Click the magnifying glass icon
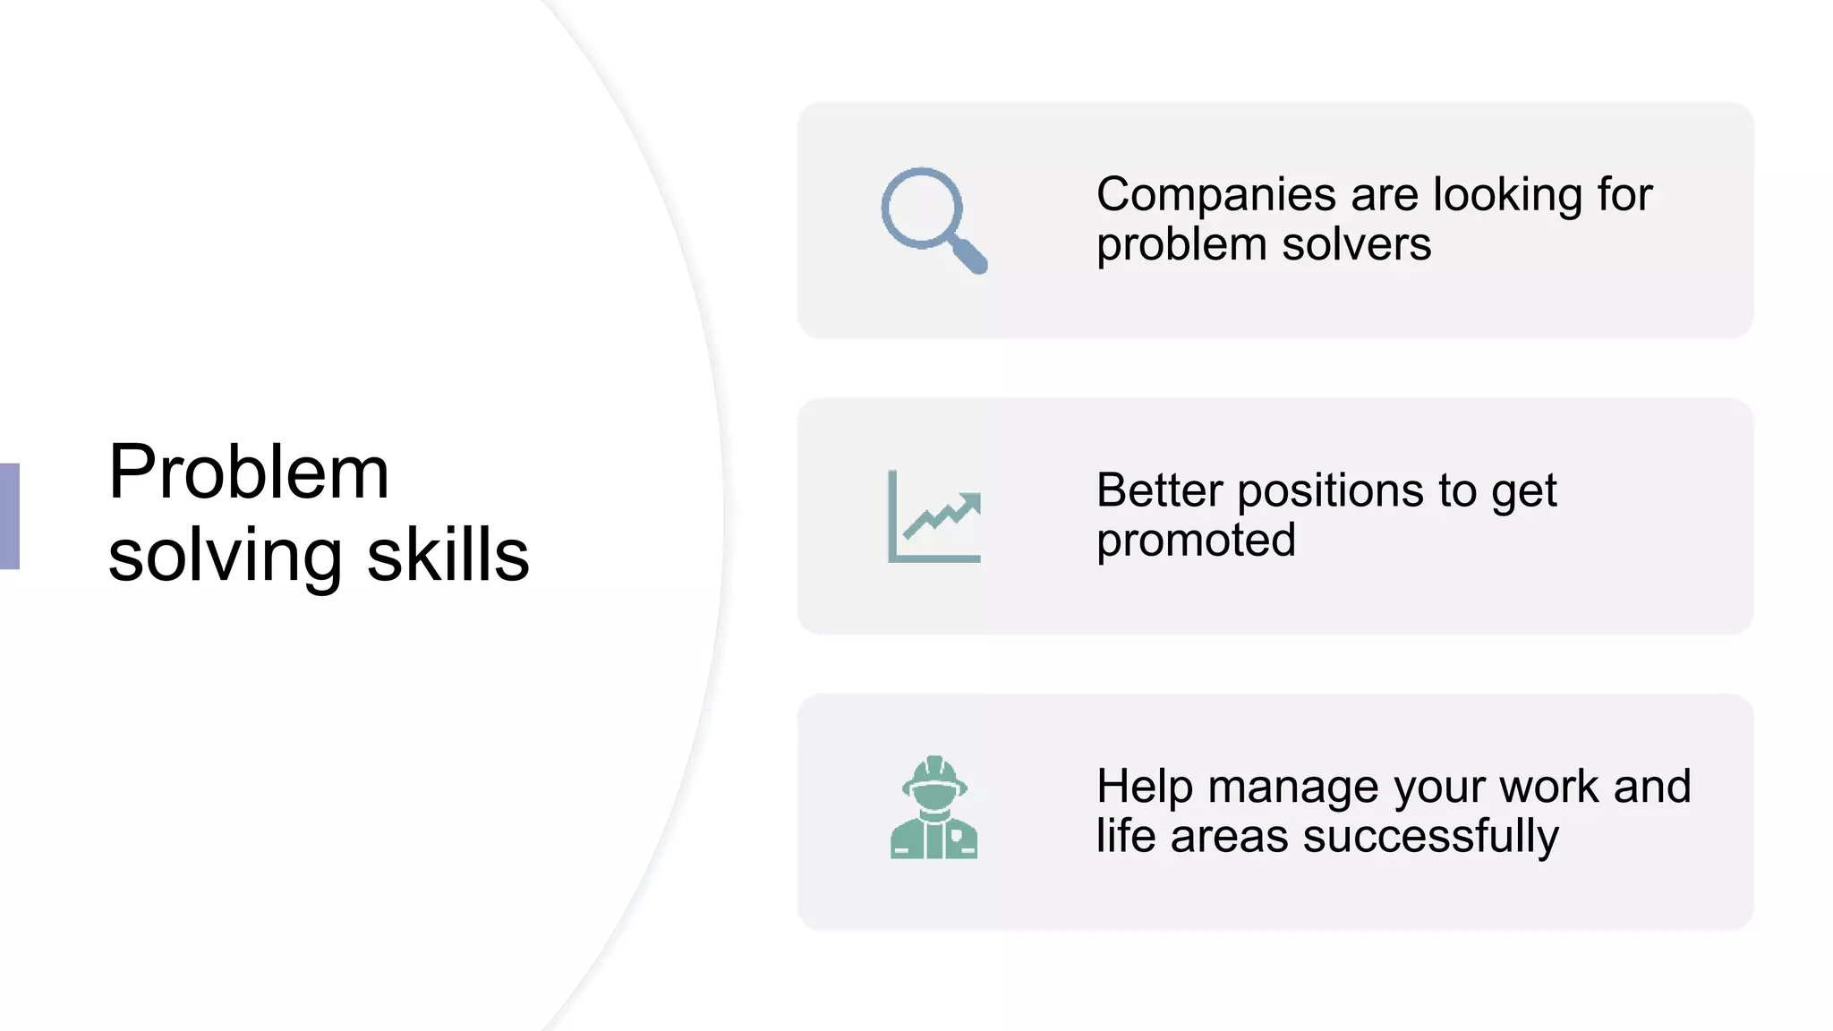[933, 219]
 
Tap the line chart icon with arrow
[934, 516]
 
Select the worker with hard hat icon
[934, 808]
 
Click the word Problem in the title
[249, 472]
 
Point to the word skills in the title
[448, 555]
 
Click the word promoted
[1196, 541]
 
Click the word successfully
[1430, 837]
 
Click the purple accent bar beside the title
[9, 516]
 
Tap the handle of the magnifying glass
[970, 256]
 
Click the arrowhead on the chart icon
[970, 503]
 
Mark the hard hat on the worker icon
[934, 771]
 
